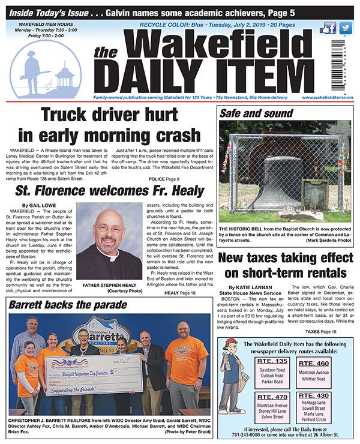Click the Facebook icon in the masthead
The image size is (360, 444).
(x=328, y=29)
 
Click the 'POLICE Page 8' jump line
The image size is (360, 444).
(x=163, y=179)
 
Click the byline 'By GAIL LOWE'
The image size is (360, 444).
(x=38, y=206)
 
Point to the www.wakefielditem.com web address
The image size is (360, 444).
(x=328, y=97)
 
